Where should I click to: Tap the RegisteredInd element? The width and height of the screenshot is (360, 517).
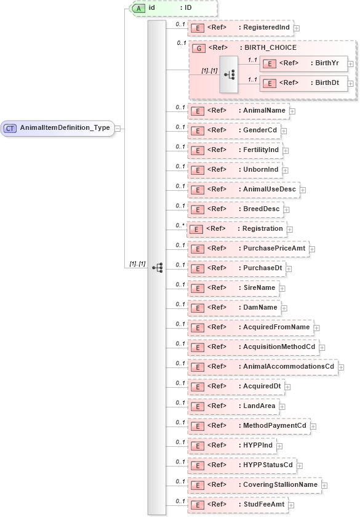click(241, 28)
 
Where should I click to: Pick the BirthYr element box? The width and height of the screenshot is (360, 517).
click(303, 63)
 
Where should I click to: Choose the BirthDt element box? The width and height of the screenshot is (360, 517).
click(303, 82)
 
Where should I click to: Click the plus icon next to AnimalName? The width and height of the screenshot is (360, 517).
click(292, 111)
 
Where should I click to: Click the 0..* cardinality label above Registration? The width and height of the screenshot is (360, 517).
click(180, 225)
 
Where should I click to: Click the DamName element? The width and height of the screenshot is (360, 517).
click(234, 307)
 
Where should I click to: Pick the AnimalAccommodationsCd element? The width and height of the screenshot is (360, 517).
click(263, 366)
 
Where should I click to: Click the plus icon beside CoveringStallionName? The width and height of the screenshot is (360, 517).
click(324, 485)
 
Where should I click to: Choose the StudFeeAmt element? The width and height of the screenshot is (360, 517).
click(241, 504)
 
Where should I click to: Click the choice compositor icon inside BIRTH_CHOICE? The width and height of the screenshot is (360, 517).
click(229, 74)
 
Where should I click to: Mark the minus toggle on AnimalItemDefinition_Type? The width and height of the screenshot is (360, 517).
click(117, 128)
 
